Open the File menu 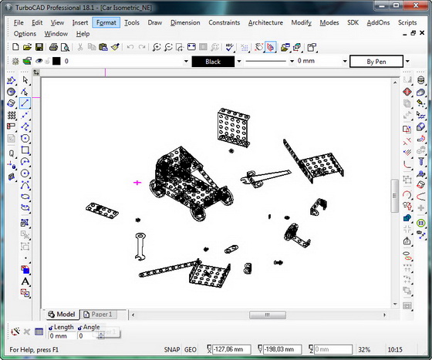(x=19, y=22)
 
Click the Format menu (x=106, y=22)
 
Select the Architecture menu (x=265, y=22)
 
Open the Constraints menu (x=224, y=22)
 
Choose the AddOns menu (x=378, y=22)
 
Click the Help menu (x=83, y=34)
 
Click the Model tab (x=61, y=315)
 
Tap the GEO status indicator (x=191, y=349)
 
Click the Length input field (x=62, y=336)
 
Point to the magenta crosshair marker (x=138, y=183)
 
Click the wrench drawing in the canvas (x=141, y=246)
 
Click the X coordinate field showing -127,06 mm (x=234, y=349)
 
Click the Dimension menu (x=184, y=22)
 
